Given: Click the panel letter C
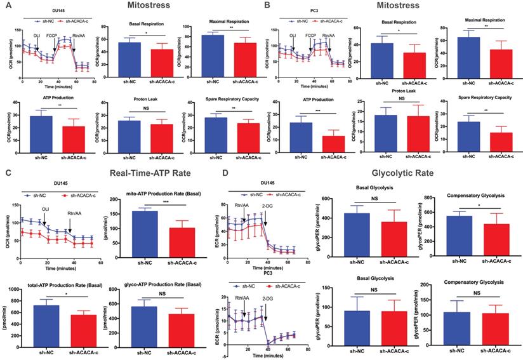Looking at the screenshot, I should coord(7,171).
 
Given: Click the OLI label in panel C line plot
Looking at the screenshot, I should coord(44,208).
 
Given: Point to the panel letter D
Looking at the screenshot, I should coord(266,171).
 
